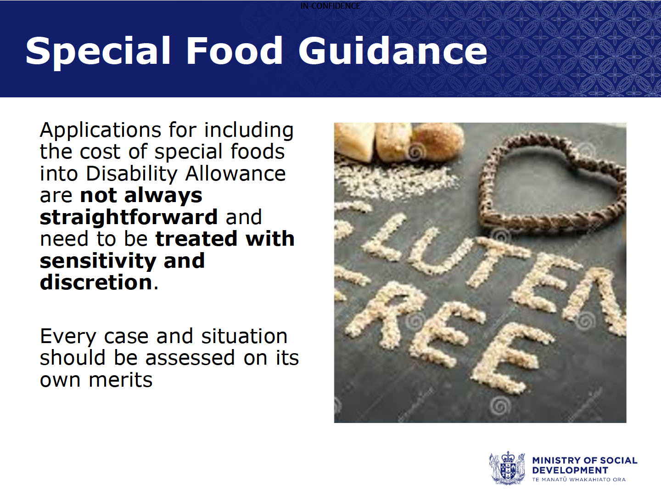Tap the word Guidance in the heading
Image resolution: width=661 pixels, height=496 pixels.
(x=392, y=50)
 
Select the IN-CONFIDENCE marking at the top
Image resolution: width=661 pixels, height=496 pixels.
(x=330, y=6)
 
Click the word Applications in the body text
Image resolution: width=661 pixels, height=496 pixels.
(x=101, y=131)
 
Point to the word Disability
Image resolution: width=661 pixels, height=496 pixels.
(x=131, y=175)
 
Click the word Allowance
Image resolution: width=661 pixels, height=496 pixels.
(x=235, y=174)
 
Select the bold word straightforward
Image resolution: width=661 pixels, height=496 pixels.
(x=129, y=218)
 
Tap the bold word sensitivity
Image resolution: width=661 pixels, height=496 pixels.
(x=98, y=261)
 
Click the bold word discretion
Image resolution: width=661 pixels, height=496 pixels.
(x=96, y=282)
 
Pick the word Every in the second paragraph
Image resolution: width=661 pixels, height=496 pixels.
(x=68, y=337)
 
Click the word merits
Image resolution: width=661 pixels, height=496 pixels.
(x=121, y=380)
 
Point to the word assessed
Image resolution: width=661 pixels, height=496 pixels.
(x=190, y=358)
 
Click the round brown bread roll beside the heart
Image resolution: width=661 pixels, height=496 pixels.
(x=438, y=141)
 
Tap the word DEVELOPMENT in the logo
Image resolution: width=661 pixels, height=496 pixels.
(x=570, y=470)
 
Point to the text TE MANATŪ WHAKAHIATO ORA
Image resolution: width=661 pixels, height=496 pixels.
(x=579, y=480)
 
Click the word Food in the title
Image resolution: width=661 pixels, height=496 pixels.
(x=235, y=50)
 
